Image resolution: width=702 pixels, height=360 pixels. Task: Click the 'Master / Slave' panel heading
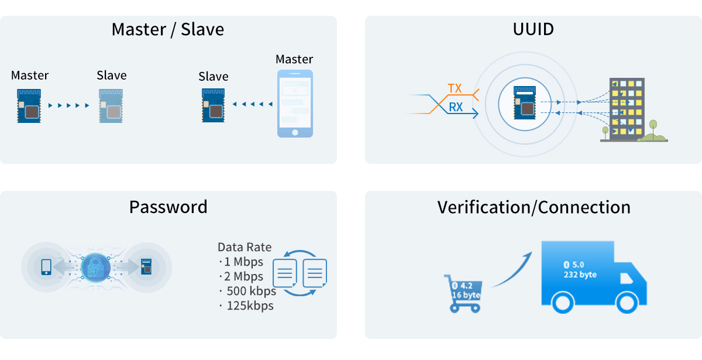pos(168,29)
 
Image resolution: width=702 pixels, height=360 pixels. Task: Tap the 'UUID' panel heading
pos(533,29)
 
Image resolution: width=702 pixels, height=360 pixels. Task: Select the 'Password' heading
pos(168,207)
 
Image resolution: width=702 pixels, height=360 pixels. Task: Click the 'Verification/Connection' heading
pos(534,207)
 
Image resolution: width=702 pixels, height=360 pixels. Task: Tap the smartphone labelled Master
pos(294,104)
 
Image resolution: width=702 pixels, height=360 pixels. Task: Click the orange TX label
pos(455,88)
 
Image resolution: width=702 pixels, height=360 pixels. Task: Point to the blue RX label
pos(455,107)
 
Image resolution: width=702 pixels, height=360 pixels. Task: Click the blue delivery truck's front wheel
pos(626,303)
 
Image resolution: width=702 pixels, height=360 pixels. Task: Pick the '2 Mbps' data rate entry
pos(242,276)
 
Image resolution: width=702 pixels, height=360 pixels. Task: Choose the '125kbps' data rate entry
pos(248,306)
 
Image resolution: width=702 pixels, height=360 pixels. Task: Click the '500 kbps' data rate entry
pos(247,291)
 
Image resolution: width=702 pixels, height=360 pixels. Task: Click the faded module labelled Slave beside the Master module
pos(111,106)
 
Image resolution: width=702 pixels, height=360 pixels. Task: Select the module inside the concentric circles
pos(525,103)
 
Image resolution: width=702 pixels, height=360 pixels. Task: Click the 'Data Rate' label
pos(245,247)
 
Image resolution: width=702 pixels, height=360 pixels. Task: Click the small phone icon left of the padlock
pos(46,267)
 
